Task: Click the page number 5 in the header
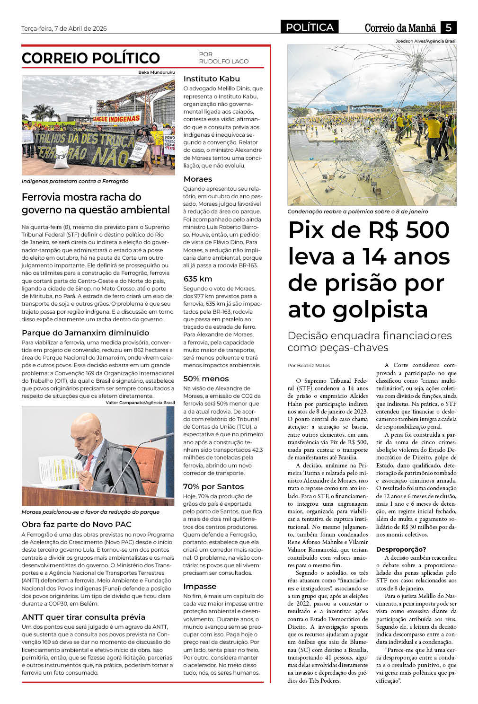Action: point(448,27)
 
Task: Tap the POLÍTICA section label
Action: point(310,27)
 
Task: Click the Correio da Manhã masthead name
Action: point(400,28)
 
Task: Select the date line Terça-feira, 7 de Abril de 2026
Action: point(64,28)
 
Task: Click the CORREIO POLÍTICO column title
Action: point(91,58)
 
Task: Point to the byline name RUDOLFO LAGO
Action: point(223,62)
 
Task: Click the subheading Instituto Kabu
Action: point(212,79)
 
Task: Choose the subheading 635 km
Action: point(198,279)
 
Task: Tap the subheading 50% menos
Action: point(206,379)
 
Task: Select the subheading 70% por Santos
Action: point(213,487)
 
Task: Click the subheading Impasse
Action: point(200,587)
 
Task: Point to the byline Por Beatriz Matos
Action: point(309,366)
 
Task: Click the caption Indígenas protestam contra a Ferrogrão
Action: point(75,181)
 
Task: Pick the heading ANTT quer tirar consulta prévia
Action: point(83,617)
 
